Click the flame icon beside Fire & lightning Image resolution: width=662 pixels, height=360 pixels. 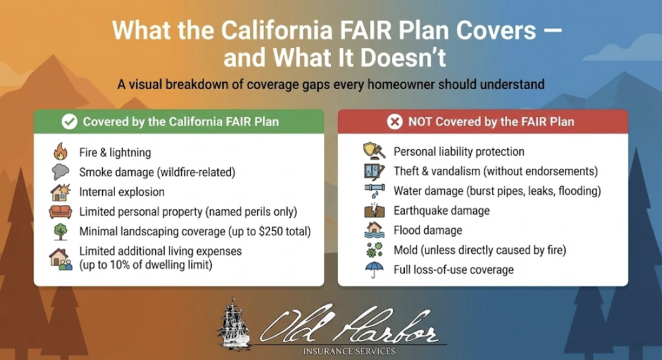click(x=61, y=151)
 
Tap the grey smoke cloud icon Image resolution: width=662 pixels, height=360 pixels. click(x=61, y=172)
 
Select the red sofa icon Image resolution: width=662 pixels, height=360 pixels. click(x=60, y=211)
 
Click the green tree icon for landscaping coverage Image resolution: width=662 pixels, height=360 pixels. click(x=61, y=231)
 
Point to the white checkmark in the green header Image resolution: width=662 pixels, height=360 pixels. click(x=69, y=122)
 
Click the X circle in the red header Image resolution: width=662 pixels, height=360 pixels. click(x=395, y=122)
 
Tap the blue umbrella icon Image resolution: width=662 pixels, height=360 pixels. click(x=374, y=270)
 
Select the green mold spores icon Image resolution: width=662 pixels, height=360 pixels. click(x=374, y=250)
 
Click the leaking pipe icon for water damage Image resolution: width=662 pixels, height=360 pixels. click(x=374, y=191)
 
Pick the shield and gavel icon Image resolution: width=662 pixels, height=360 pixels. click(x=374, y=151)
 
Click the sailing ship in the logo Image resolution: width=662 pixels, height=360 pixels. click(x=233, y=325)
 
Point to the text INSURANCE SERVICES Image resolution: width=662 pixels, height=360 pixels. click(x=349, y=351)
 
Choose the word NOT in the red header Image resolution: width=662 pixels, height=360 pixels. click(x=420, y=122)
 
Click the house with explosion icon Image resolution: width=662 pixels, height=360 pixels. click(x=61, y=192)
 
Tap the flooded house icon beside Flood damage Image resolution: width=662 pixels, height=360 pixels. click(x=374, y=230)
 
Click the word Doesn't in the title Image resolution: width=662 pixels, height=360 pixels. click(x=403, y=58)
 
